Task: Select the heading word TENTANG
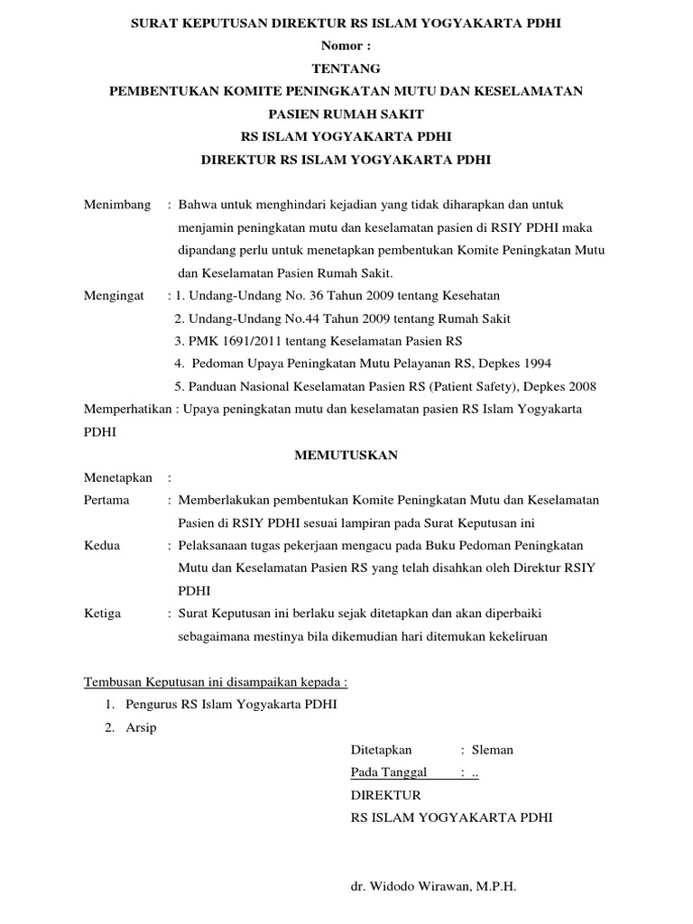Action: [x=346, y=69]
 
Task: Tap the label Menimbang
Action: [x=117, y=205]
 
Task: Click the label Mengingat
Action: [x=115, y=295]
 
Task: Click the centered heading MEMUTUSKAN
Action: [x=346, y=455]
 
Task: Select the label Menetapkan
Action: [x=118, y=477]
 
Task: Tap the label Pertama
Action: [x=106, y=500]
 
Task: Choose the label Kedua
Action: [x=102, y=545]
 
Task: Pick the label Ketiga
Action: [x=103, y=614]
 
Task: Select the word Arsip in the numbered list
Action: [x=142, y=727]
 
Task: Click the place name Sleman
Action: [x=494, y=750]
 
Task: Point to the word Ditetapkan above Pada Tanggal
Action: [x=381, y=750]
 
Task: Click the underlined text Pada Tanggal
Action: [x=388, y=772]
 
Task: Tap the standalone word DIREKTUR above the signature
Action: [x=385, y=795]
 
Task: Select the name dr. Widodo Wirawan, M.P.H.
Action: [x=433, y=887]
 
